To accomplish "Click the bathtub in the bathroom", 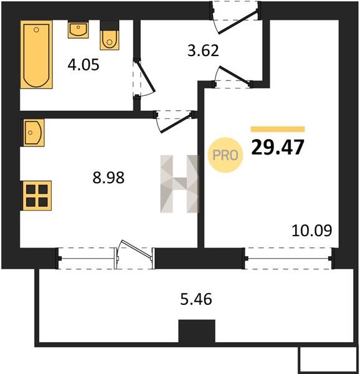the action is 36,54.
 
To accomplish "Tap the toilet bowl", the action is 110,36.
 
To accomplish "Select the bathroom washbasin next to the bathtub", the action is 78,29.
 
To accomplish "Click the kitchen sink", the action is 34,133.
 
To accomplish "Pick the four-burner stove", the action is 37,196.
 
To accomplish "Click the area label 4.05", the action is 83,65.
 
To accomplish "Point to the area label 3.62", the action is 203,50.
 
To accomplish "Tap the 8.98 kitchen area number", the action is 108,178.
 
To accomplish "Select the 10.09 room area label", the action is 311,231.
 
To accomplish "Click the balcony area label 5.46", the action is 196,299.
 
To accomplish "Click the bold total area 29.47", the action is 278,147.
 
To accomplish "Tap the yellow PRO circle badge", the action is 225,155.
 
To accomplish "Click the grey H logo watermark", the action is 179,184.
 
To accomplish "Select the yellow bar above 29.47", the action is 278,129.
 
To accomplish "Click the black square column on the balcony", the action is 197,331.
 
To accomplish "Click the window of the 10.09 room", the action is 288,258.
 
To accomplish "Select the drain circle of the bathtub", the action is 36,29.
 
